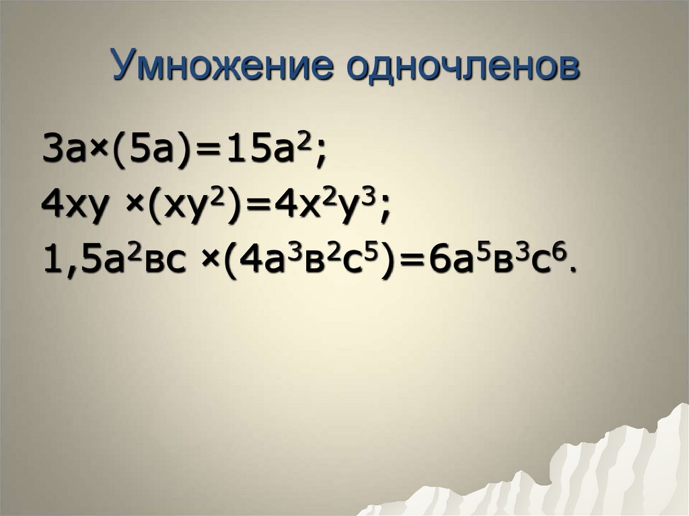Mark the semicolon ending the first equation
pos(321,155)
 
